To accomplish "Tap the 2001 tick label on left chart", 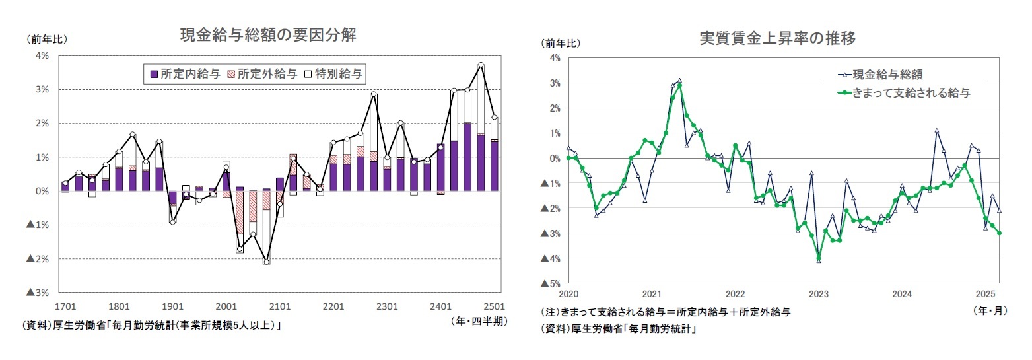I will tap(226, 306).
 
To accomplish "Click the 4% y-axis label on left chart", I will tap(42, 55).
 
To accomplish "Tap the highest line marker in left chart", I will tap(481, 65).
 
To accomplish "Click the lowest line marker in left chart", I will tap(266, 262).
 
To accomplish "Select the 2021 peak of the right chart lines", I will tap(679, 81).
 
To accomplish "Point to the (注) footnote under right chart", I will tap(665, 312).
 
